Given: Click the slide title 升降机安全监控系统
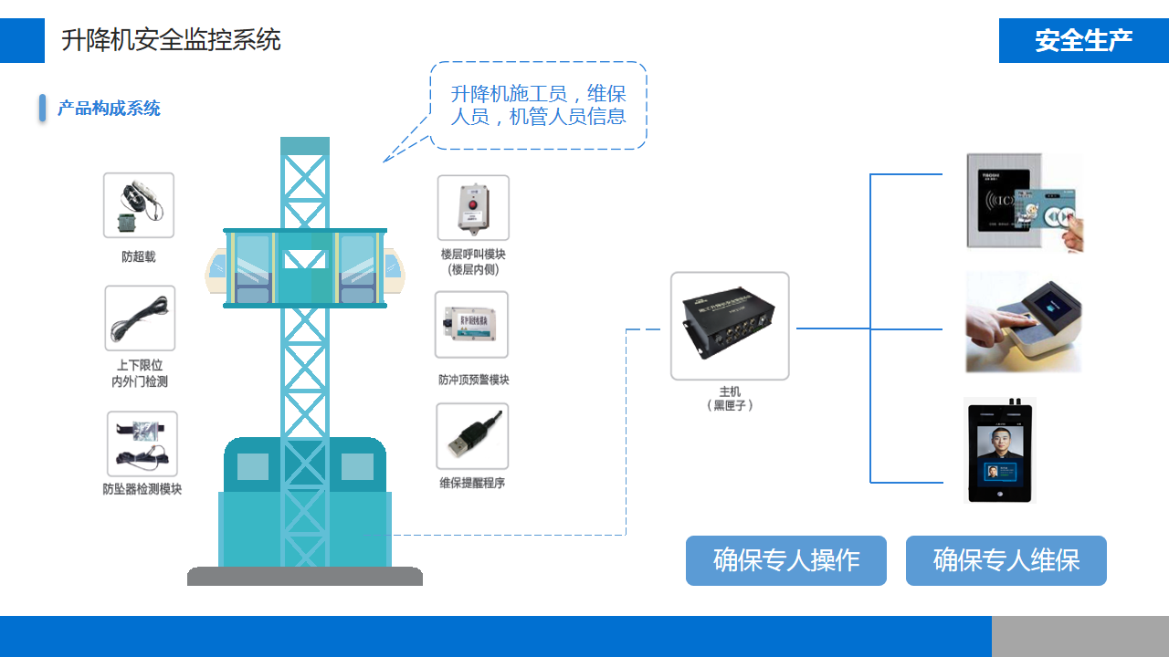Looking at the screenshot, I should [171, 40].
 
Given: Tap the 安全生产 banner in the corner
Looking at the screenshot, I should [1083, 41].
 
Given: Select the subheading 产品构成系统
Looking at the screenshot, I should [109, 109].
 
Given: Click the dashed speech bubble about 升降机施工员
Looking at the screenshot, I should [538, 105].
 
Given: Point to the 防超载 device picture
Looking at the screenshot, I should [139, 205].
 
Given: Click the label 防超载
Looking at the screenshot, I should [139, 257].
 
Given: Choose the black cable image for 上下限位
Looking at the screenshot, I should [140, 318].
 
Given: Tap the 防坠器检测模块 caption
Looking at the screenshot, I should [142, 489].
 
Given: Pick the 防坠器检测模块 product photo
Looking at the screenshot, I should [142, 443].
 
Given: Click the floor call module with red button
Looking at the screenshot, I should [473, 208].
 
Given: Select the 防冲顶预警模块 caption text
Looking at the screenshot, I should [473, 380].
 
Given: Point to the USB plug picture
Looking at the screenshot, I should [472, 436].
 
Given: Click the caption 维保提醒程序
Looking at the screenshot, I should [472, 483].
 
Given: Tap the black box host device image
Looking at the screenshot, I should [730, 326].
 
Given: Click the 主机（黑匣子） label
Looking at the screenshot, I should [730, 399].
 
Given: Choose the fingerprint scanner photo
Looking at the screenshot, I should [1023, 321].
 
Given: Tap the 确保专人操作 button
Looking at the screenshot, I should [786, 560].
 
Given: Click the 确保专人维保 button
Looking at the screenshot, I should [1006, 560].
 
